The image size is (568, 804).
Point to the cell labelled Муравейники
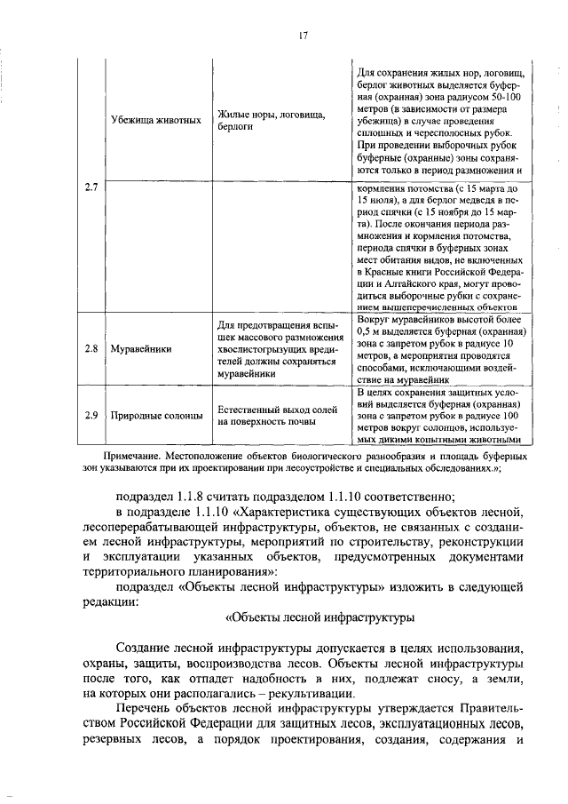[x=142, y=348]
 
